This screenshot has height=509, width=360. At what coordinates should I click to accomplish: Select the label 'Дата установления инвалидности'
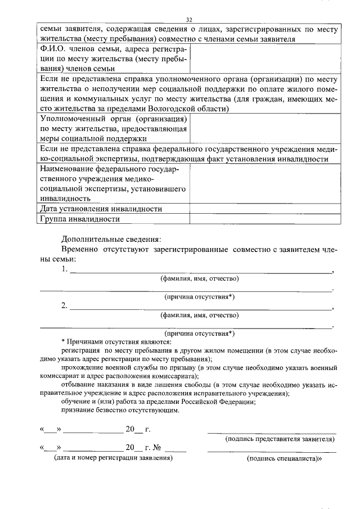pos(98,209)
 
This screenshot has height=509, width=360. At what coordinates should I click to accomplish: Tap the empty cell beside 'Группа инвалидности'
pos(264,219)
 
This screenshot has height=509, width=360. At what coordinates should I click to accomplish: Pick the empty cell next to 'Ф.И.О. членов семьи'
pos(264,58)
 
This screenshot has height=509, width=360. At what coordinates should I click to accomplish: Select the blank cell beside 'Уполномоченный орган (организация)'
pos(264,128)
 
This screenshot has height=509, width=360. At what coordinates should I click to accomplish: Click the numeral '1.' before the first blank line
pos(65,269)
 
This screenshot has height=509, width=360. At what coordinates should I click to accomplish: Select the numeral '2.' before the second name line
pos(65,307)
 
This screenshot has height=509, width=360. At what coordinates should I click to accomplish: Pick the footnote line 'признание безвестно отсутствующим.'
pos(120,410)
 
